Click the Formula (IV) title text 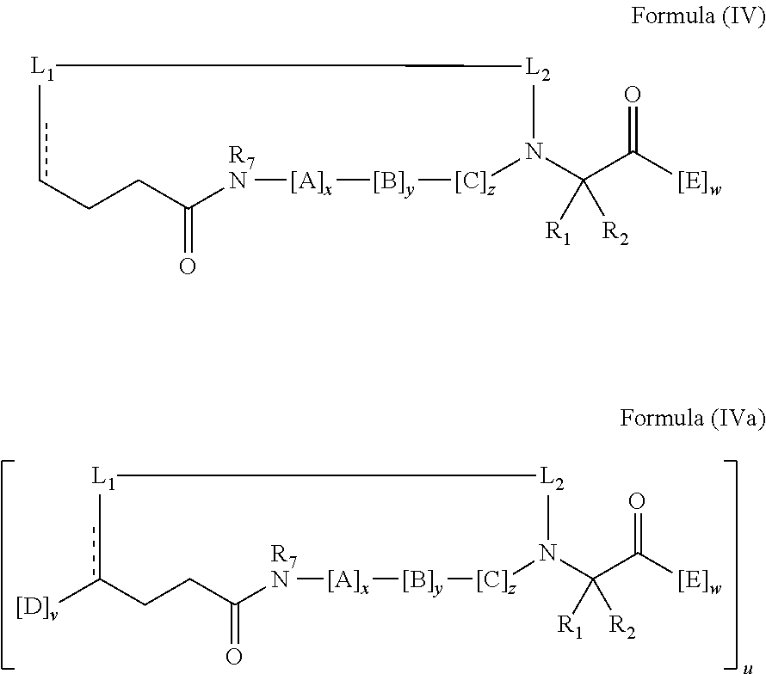[x=698, y=16]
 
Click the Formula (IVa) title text [x=693, y=419]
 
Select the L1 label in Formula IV [x=42, y=68]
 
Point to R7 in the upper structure [x=242, y=158]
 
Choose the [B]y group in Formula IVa [x=423, y=583]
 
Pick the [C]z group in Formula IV [x=475, y=183]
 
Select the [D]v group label [x=37, y=611]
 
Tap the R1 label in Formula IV [x=558, y=233]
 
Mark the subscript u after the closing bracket [x=747, y=668]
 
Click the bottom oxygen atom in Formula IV [x=188, y=267]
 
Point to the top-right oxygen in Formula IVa [x=637, y=500]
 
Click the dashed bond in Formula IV [x=46, y=150]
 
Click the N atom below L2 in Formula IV [x=534, y=152]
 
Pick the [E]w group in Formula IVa [x=700, y=583]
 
